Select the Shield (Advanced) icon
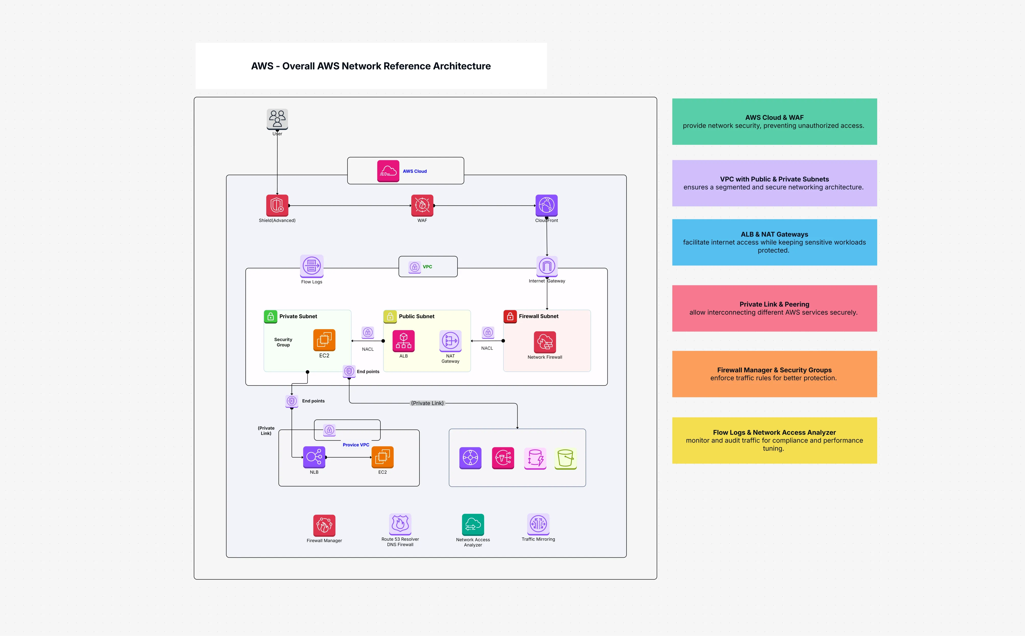(277, 205)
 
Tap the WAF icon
(422, 205)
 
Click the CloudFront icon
(546, 205)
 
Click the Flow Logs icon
(312, 266)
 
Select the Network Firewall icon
(545, 342)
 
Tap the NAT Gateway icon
(450, 341)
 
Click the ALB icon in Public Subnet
(403, 341)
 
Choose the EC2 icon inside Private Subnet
(324, 340)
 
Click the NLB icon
(314, 457)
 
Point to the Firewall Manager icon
(324, 525)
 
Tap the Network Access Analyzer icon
(473, 524)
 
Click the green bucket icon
(565, 458)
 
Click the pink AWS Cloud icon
(388, 171)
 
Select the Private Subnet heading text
(298, 316)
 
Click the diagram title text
(370, 66)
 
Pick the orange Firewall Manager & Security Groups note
(774, 374)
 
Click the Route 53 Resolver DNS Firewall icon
(400, 524)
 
